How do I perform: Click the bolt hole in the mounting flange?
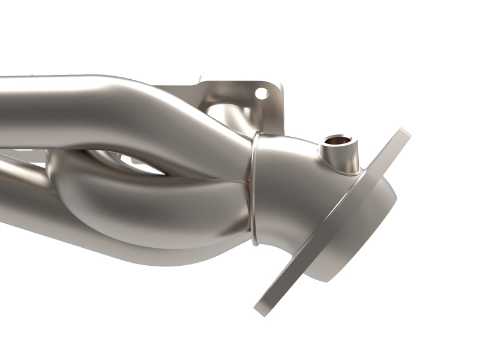tap(261, 94)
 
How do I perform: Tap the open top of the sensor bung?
tap(332, 143)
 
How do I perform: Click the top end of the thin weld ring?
tap(256, 135)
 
